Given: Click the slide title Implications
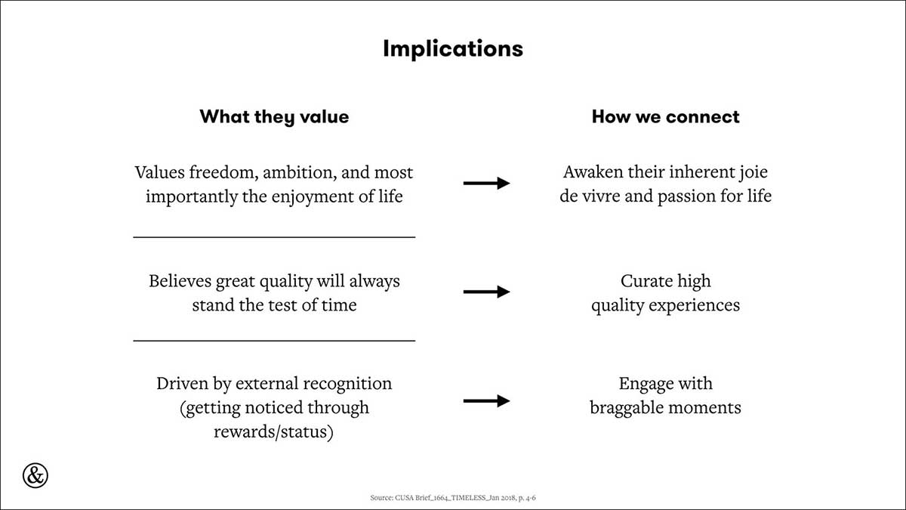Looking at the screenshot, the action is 453,49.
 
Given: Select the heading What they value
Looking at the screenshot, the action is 274,117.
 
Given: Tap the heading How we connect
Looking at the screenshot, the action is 665,116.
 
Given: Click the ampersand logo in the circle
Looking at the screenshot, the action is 35,475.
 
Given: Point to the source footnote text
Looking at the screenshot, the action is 453,497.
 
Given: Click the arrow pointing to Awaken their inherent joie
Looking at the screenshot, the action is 486,183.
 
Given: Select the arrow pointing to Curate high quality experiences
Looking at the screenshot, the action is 486,292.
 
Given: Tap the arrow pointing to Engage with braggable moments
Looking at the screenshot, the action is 486,400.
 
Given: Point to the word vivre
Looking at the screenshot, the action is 602,196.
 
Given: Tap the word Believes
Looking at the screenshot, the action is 180,281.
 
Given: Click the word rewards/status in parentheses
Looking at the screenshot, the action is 274,432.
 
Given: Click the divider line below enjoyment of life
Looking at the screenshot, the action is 274,237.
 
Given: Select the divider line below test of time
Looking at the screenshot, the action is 274,341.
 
